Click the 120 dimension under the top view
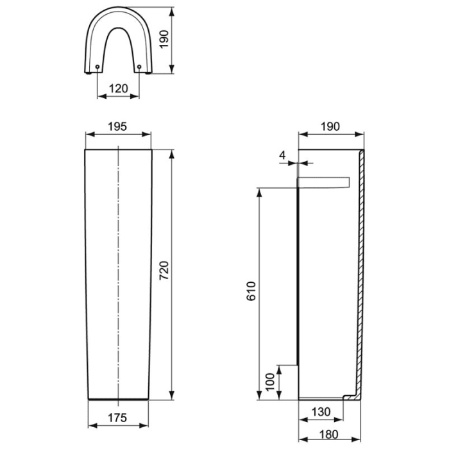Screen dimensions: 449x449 118,89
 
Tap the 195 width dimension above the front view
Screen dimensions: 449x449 117,126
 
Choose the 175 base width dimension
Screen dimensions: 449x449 117,417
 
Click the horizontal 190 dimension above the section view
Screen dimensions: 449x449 329,126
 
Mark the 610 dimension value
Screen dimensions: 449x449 251,291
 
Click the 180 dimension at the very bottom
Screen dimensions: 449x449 329,434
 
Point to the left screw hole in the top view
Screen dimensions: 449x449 97,66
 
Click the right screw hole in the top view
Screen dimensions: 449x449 139,66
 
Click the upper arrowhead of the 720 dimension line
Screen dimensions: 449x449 171,154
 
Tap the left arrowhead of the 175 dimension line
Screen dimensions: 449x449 90,425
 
